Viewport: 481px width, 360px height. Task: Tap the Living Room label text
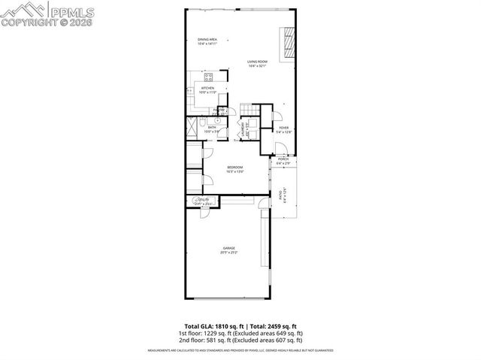click(259, 64)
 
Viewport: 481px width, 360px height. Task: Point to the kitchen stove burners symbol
click(210, 77)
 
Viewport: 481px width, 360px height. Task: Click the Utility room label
click(203, 201)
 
